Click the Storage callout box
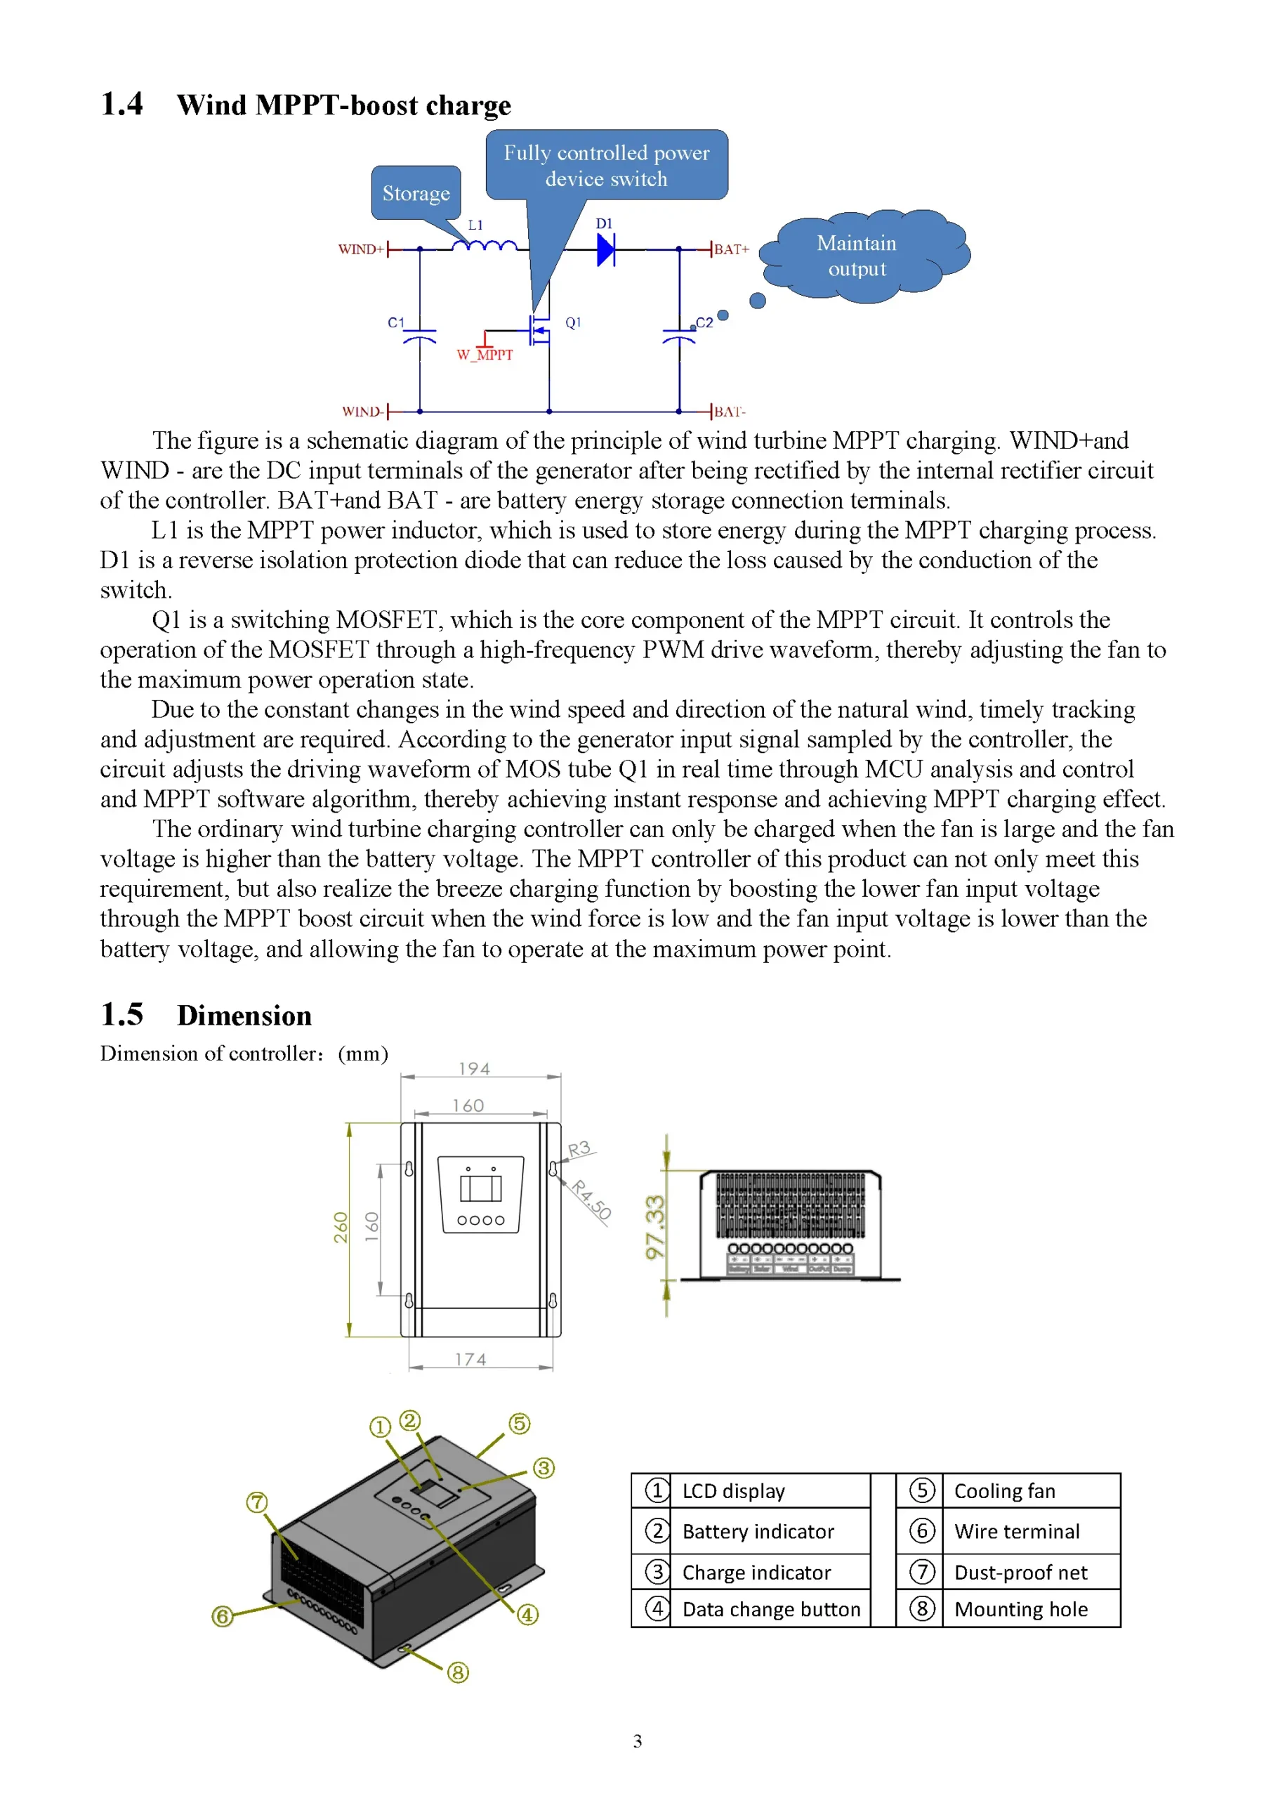416,192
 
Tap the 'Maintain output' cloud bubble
857,255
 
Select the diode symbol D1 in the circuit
605,250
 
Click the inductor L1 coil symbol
484,247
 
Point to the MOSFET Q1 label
573,322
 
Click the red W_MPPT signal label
485,355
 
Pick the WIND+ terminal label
360,250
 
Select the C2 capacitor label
704,322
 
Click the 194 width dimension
475,1069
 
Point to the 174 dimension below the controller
470,1360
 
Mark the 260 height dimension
341,1227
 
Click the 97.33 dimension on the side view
654,1226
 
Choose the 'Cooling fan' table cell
1004,1491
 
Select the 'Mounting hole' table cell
1020,1609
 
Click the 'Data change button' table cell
770,1609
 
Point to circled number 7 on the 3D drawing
257,1502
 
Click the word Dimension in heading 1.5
244,1016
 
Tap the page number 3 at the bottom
638,1741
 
